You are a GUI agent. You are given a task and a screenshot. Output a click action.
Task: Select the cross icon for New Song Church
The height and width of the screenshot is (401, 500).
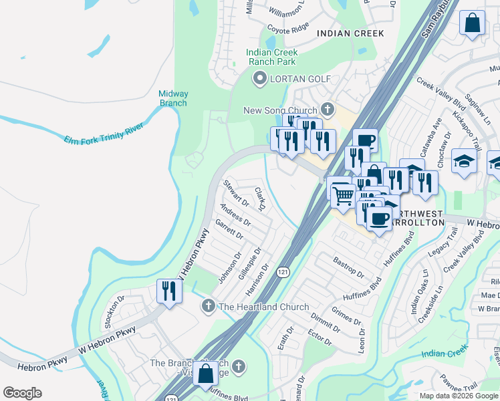point(327,109)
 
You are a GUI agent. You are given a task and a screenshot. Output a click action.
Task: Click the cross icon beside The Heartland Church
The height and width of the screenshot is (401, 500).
point(208,306)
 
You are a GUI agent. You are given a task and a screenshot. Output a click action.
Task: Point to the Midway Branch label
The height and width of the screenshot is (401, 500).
point(174,98)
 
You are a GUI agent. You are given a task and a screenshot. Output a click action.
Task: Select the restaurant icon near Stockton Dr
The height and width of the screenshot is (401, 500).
point(168,291)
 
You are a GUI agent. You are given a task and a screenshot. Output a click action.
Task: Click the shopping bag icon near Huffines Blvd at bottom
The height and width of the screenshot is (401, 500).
point(205,374)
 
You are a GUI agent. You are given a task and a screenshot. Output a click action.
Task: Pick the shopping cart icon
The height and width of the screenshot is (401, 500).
point(343,195)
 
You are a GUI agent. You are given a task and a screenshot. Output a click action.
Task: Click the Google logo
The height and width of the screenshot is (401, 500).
point(22,393)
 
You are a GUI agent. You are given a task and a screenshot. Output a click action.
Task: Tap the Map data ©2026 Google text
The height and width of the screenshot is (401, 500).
point(459,396)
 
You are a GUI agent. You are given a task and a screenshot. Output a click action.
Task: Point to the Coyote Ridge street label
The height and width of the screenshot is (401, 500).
point(288,27)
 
